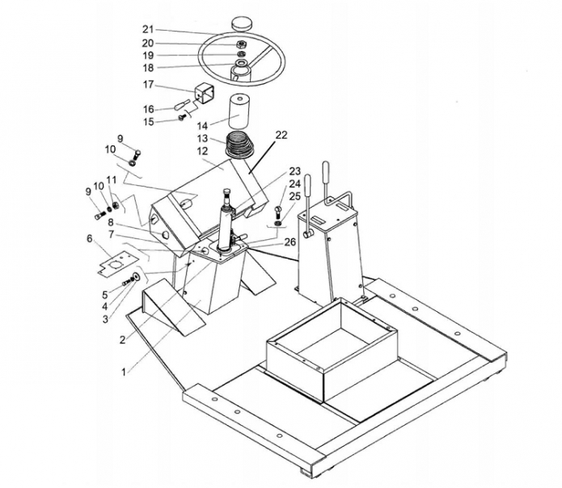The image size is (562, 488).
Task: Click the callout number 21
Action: click(148, 29)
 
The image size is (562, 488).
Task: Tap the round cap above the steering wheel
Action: click(242, 23)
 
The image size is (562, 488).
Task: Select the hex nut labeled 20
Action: click(240, 44)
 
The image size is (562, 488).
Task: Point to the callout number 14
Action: click(202, 126)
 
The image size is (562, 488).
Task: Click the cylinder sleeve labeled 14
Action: click(239, 111)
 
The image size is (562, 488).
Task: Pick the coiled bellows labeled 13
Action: click(239, 145)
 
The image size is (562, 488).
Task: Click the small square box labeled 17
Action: click(204, 94)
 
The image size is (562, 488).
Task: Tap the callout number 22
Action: click(281, 135)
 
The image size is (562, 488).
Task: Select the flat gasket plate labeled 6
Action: click(118, 263)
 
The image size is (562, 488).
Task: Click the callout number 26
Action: click(290, 242)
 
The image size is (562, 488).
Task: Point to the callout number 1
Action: click(124, 372)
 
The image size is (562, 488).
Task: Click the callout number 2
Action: click(123, 340)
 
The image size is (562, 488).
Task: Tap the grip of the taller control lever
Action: click(325, 171)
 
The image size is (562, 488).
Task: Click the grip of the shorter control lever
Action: click(307, 185)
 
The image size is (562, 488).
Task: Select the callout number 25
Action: click(294, 196)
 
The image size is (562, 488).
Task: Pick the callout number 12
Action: click(202, 151)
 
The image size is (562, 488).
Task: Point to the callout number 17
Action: click(148, 85)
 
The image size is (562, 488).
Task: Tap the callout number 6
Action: click(89, 238)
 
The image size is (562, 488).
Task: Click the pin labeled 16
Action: click(182, 105)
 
